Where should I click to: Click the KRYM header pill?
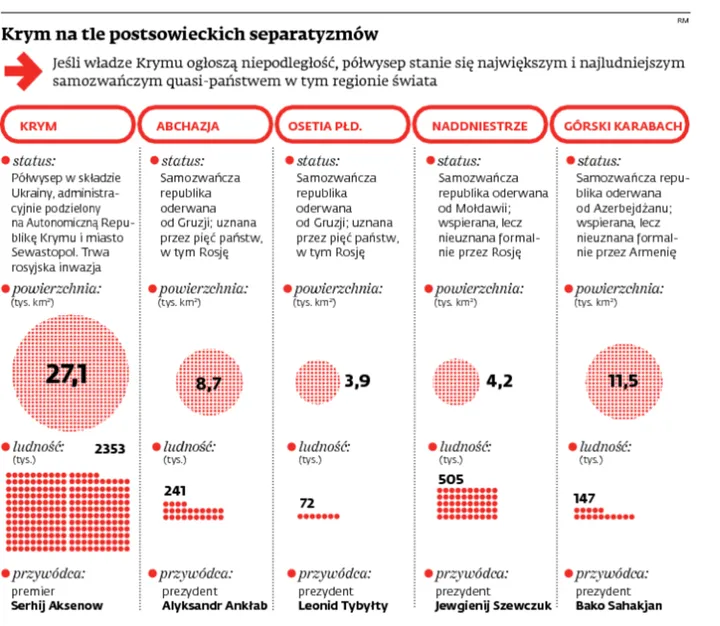click(68, 127)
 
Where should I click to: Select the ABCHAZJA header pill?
click(204, 127)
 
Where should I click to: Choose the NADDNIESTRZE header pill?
click(478, 127)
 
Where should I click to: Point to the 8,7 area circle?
click(208, 381)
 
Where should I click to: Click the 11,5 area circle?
click(622, 381)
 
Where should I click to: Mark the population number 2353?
click(109, 449)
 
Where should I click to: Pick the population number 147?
click(585, 497)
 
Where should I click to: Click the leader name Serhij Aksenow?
click(59, 606)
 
